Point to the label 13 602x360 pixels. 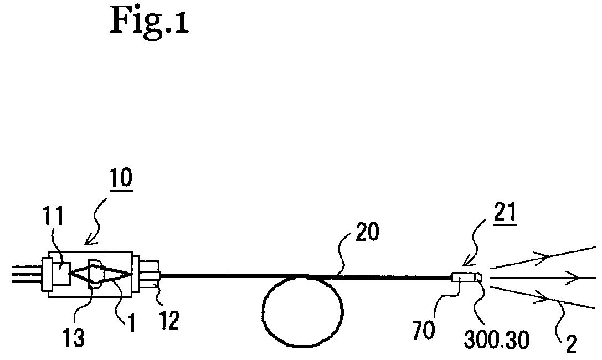[x=74, y=336]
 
